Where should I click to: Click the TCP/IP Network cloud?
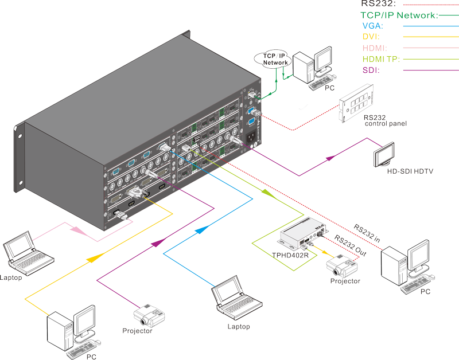coord(273,59)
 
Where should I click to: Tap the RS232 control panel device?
coord(356,103)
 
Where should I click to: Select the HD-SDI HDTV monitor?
coord(384,155)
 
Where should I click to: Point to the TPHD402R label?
coord(290,255)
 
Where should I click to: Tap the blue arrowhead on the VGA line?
coord(203,229)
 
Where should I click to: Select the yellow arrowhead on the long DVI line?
coord(95,258)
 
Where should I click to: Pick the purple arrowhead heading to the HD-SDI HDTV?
coord(331,158)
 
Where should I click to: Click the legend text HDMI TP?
coord(381,59)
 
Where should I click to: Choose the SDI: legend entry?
coord(371,70)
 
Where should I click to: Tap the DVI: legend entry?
coord(371,37)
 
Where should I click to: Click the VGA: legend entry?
coord(372,26)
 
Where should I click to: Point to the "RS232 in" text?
coord(367,233)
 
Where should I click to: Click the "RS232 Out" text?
coord(351,245)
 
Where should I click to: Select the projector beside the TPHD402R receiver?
coord(342,266)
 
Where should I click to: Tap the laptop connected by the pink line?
coord(28,253)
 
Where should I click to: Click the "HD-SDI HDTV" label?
coord(410,171)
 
